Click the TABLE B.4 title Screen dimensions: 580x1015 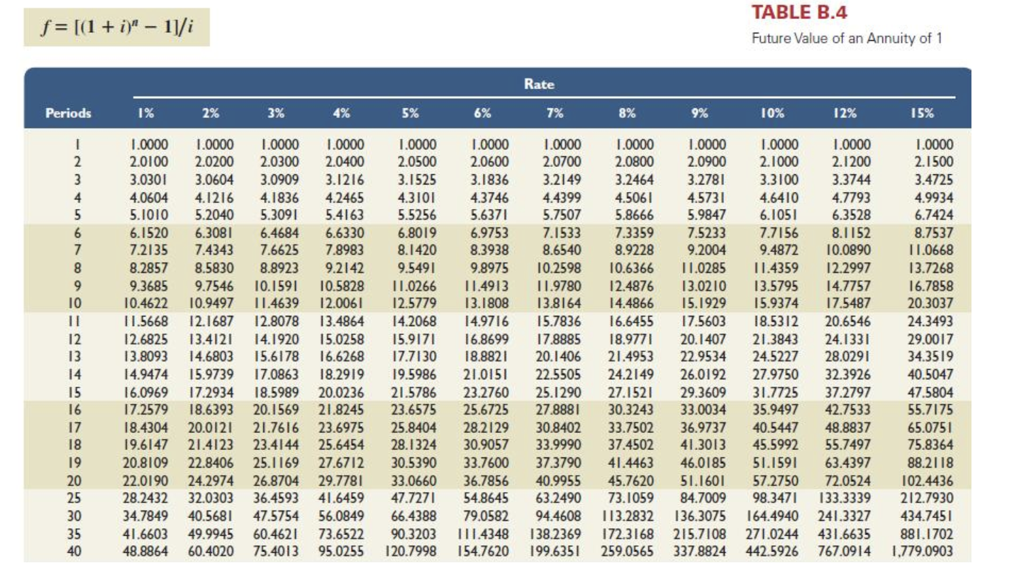click(799, 12)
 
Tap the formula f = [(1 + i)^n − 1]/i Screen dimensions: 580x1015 click(116, 27)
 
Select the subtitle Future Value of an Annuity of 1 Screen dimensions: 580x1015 click(846, 38)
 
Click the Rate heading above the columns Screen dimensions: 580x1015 click(539, 84)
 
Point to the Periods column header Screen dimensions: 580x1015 click(68, 113)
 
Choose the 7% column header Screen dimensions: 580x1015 click(554, 113)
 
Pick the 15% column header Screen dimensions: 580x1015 click(922, 113)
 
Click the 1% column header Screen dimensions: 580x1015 click(146, 113)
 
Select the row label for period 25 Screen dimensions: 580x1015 click(74, 498)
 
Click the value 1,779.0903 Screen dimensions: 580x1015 click(922, 551)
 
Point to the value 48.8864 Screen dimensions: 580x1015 click(146, 551)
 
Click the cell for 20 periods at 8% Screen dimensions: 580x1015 click(631, 481)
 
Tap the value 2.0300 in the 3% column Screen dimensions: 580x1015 click(280, 162)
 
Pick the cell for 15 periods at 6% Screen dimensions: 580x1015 click(486, 392)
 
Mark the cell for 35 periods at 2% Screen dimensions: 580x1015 click(211, 534)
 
